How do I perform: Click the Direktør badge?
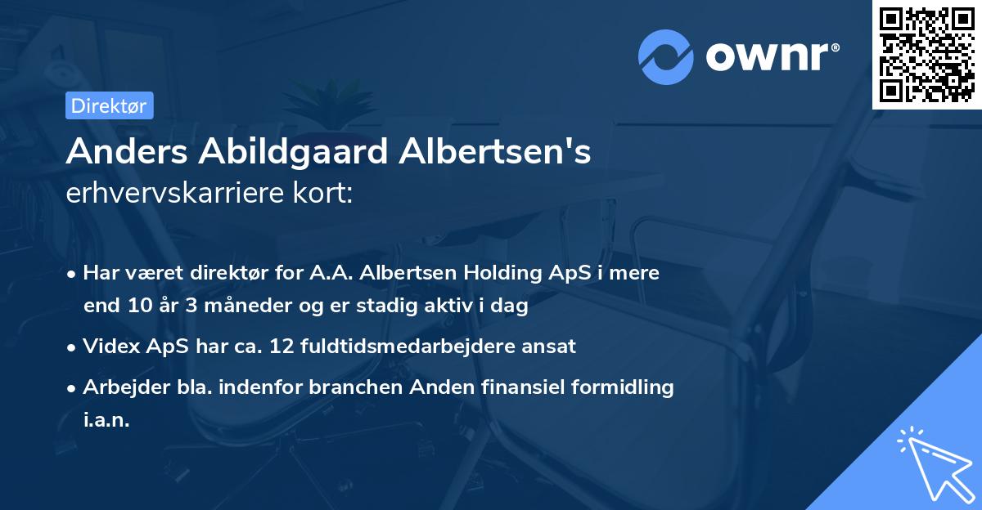(109, 105)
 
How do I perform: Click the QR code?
(926, 55)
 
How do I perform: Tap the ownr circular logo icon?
(665, 57)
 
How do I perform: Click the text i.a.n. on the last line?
(106, 420)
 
